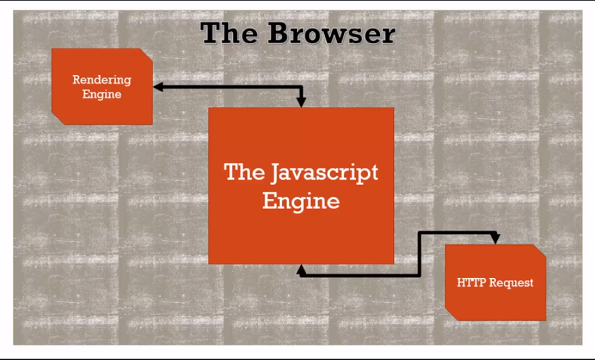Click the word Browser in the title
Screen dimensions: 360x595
pyautogui.click(x=331, y=33)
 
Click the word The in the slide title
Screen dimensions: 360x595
pyautogui.click(x=229, y=33)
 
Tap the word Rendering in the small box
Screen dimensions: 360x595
pyautogui.click(x=102, y=80)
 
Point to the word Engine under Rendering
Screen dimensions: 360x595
pyautogui.click(x=102, y=94)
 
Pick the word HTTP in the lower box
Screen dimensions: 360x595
pyautogui.click(x=471, y=283)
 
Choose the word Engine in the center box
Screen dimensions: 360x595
pyautogui.click(x=301, y=200)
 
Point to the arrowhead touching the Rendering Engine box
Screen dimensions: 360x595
pyautogui.click(x=158, y=87)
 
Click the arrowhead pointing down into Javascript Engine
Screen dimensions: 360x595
pyautogui.click(x=301, y=102)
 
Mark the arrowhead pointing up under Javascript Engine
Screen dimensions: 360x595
pyautogui.click(x=301, y=269)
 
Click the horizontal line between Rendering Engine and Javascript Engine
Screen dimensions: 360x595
pyautogui.click(x=226, y=87)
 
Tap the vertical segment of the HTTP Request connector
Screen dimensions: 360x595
pyautogui.click(x=419, y=253)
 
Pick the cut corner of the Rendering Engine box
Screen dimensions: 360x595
pyautogui.click(x=147, y=55)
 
